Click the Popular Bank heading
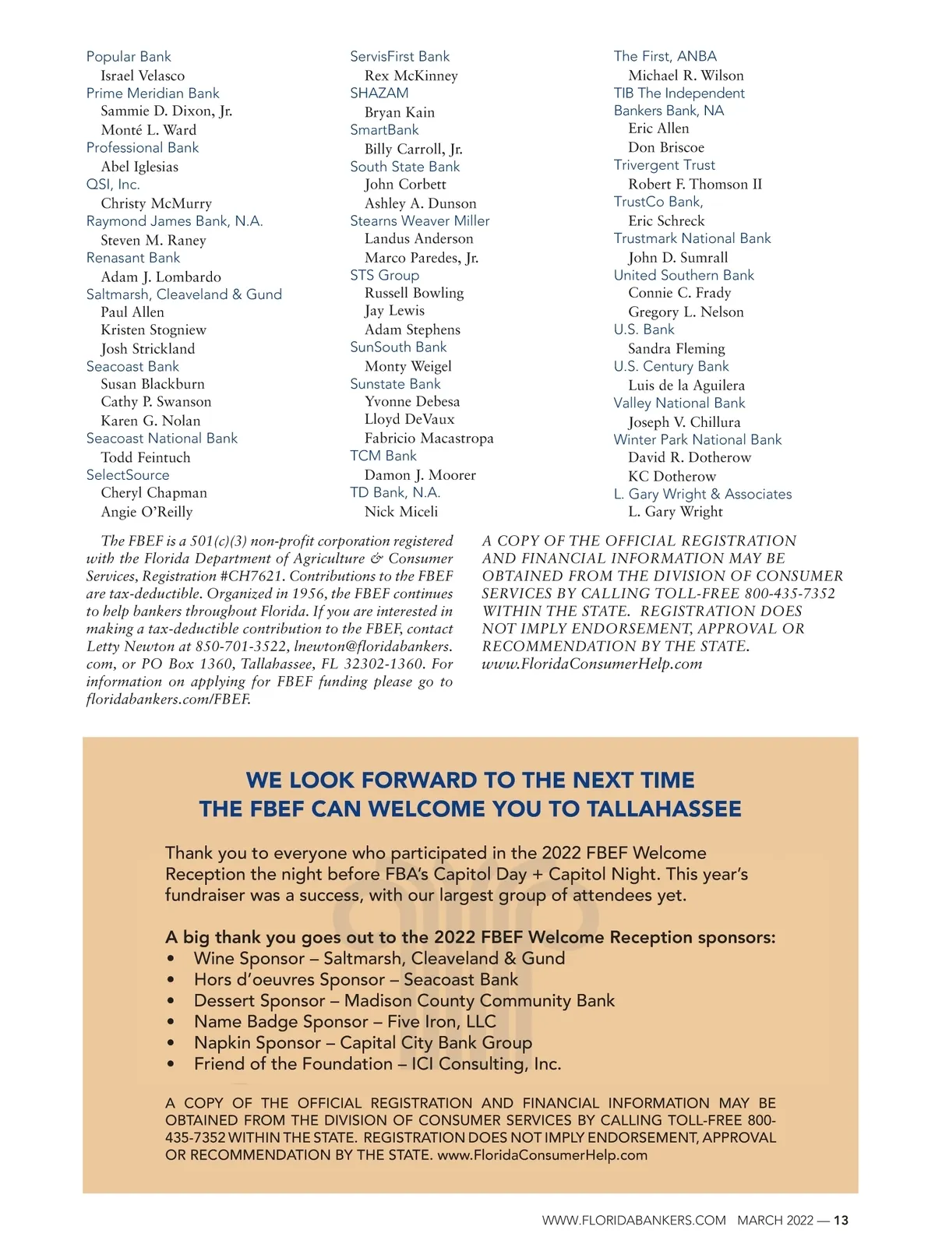point(129,57)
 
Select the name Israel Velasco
point(143,76)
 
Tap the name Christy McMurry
point(156,203)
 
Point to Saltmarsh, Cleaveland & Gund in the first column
point(184,294)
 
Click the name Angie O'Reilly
point(146,512)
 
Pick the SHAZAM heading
point(379,93)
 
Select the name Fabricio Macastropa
point(429,439)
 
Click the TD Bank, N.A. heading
point(395,493)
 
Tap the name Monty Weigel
point(408,366)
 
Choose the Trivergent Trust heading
point(664,165)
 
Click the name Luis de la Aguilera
point(686,386)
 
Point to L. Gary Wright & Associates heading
point(702,495)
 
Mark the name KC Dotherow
point(672,476)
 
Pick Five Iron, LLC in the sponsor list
point(441,1022)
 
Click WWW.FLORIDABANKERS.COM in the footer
point(633,1221)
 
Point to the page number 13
point(841,1221)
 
